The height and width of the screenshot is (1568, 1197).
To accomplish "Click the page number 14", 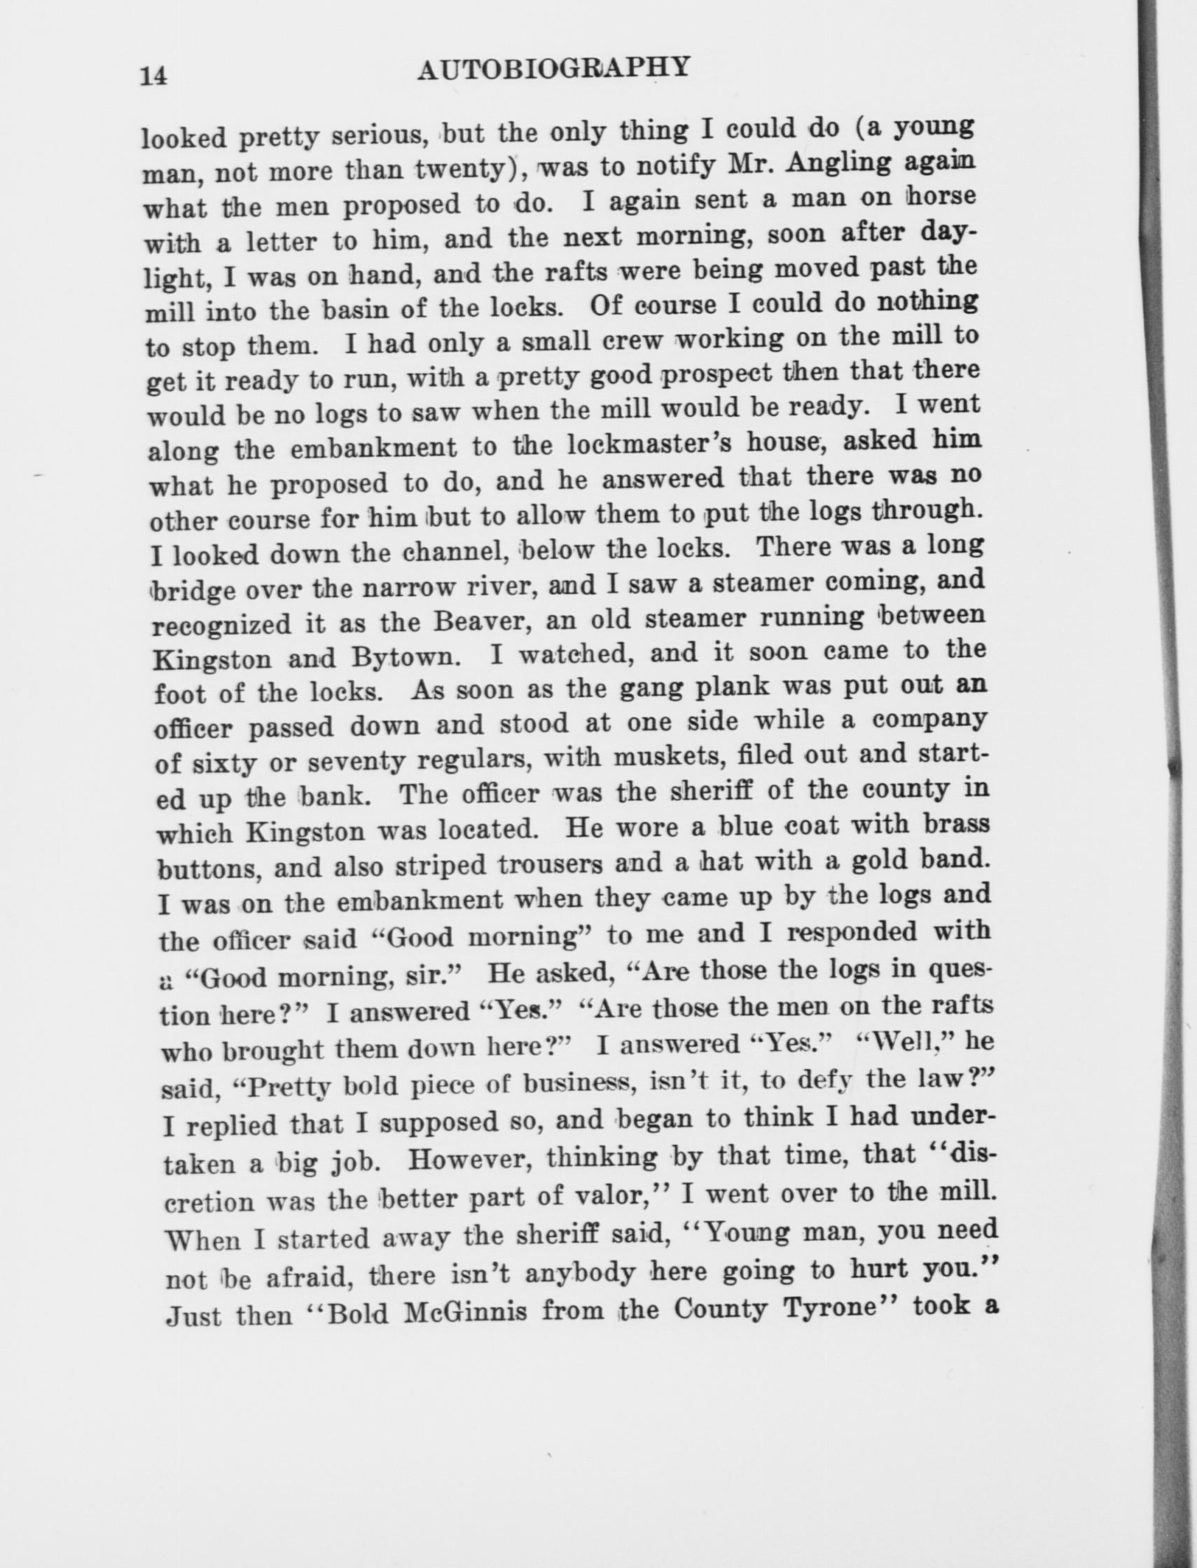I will [x=154, y=75].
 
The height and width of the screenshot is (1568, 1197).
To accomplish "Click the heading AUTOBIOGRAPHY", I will [x=553, y=69].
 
